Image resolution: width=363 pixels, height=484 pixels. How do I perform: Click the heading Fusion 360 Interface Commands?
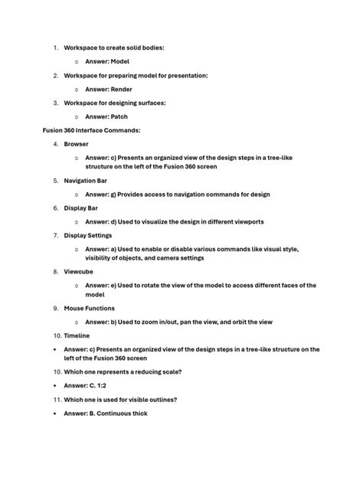(x=91, y=130)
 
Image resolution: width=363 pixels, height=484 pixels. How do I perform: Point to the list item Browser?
(x=76, y=143)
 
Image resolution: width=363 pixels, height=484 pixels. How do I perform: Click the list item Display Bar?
(x=81, y=208)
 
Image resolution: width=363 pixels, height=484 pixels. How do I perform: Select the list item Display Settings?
(x=88, y=235)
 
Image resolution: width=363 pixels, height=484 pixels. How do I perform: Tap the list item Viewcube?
(x=79, y=271)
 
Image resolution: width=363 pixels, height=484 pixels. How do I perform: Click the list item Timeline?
(x=77, y=335)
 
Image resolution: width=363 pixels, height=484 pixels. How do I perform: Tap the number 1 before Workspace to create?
(x=55, y=47)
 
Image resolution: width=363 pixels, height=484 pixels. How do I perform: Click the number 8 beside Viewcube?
(x=55, y=271)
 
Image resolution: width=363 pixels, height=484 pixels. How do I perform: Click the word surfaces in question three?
(x=149, y=103)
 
